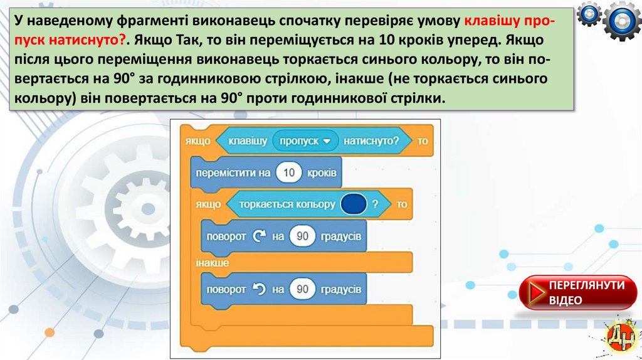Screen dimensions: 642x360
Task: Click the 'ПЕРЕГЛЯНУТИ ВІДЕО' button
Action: (576, 293)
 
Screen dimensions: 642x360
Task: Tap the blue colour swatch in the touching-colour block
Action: (353, 204)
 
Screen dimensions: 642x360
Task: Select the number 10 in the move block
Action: (289, 172)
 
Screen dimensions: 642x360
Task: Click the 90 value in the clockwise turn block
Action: (303, 236)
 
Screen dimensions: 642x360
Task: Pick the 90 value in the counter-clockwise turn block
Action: (303, 289)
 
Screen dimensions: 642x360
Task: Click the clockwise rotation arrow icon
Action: (258, 236)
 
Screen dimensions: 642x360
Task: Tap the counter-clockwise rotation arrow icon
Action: (258, 289)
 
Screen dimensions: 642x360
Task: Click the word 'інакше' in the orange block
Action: (211, 263)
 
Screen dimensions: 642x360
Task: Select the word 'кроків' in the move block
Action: (322, 172)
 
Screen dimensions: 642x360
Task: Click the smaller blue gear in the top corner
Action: (589, 14)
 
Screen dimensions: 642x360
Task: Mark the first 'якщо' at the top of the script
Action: (197, 141)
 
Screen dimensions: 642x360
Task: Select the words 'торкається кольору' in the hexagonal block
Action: (287, 204)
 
